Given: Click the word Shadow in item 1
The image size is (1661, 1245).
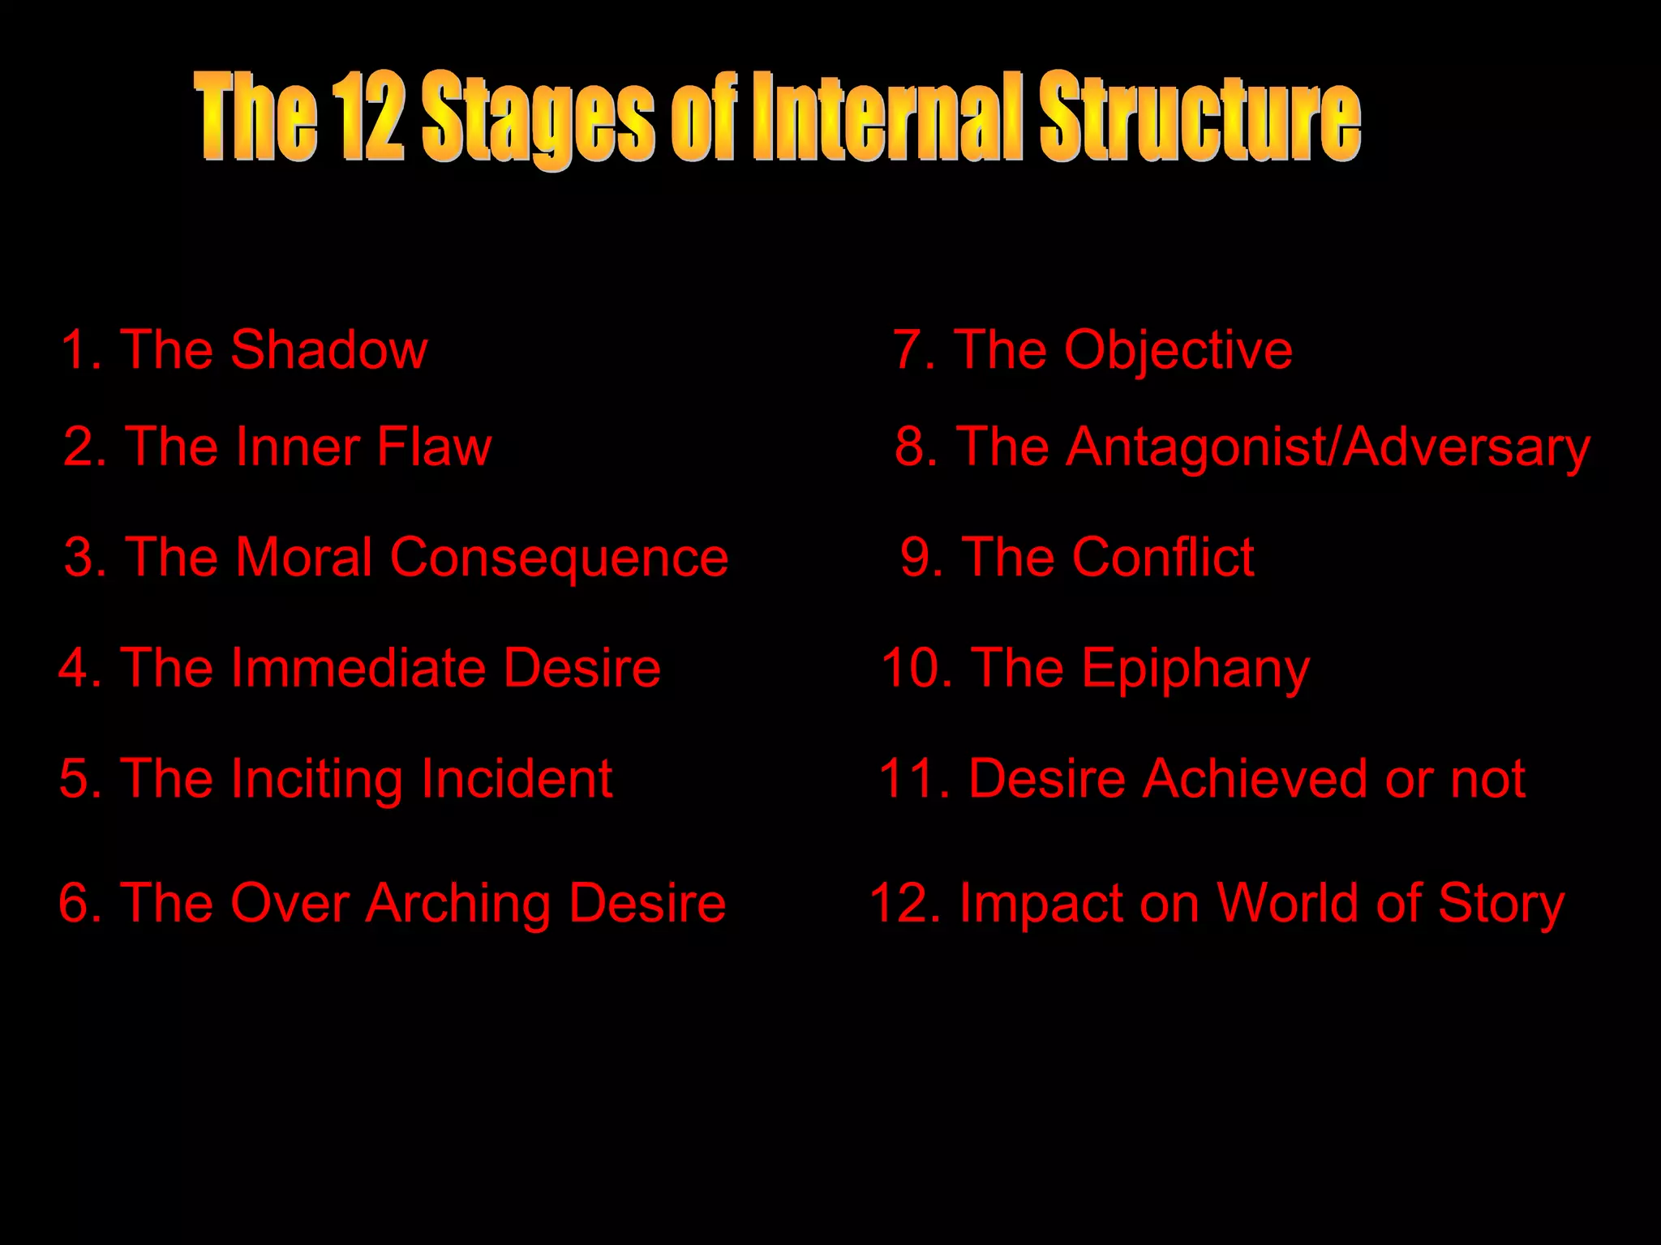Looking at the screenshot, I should point(328,350).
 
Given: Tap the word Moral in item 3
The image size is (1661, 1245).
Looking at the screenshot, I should point(304,558).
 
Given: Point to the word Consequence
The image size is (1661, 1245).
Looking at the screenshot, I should point(559,558).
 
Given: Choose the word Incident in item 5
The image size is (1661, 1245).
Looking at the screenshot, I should point(516,779).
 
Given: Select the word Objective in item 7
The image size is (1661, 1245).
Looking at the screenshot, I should point(1178,350).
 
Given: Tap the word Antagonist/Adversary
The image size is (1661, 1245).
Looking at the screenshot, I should point(1327,447).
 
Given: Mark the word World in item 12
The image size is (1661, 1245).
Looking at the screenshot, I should point(1290,903).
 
